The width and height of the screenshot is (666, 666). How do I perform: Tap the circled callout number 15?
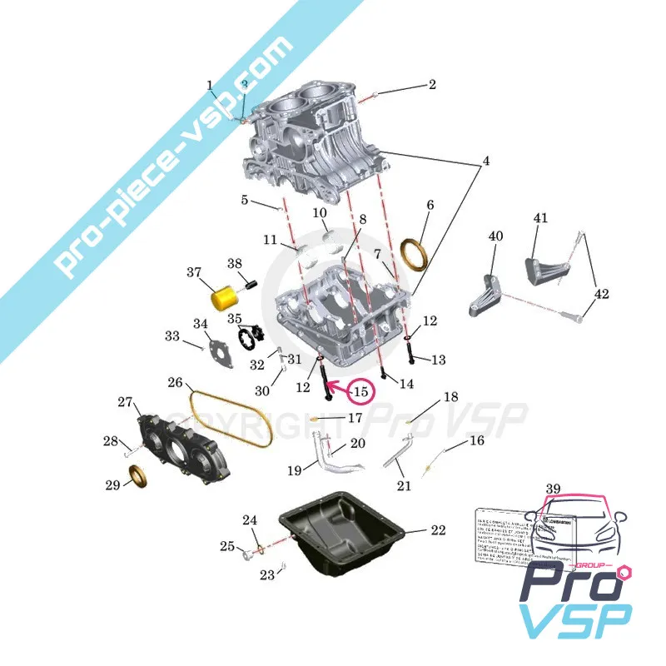click(360, 390)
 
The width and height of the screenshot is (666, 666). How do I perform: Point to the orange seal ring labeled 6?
click(414, 253)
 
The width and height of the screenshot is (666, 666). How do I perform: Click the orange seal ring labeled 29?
click(137, 477)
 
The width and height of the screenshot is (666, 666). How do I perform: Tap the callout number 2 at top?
click(432, 84)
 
